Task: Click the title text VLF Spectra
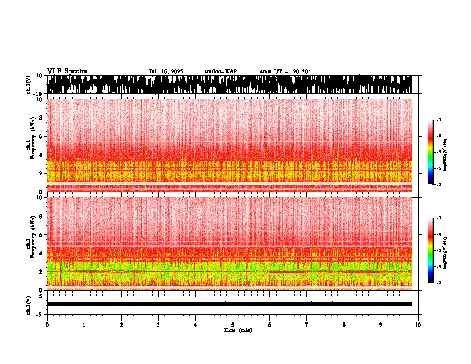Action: [x=67, y=71]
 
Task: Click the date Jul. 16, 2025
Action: [x=166, y=71]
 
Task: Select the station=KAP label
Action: [x=220, y=71]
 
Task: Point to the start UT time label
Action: [x=287, y=71]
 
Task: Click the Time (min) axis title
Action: [x=237, y=330]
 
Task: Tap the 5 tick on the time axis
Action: [x=233, y=325]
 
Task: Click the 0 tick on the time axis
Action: [x=47, y=325]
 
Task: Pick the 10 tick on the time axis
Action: [x=418, y=325]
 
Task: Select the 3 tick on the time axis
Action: [x=158, y=325]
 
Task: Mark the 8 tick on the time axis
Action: [x=344, y=325]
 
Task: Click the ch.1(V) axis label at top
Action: [x=29, y=84]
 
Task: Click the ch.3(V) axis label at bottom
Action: [x=29, y=304]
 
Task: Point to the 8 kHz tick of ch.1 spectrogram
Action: [x=40, y=118]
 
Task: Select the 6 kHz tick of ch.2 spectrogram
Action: [x=40, y=234]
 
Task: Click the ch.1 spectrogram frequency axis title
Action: [x=30, y=145]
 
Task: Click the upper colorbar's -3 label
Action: [x=439, y=120]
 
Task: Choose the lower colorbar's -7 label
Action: [x=439, y=283]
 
